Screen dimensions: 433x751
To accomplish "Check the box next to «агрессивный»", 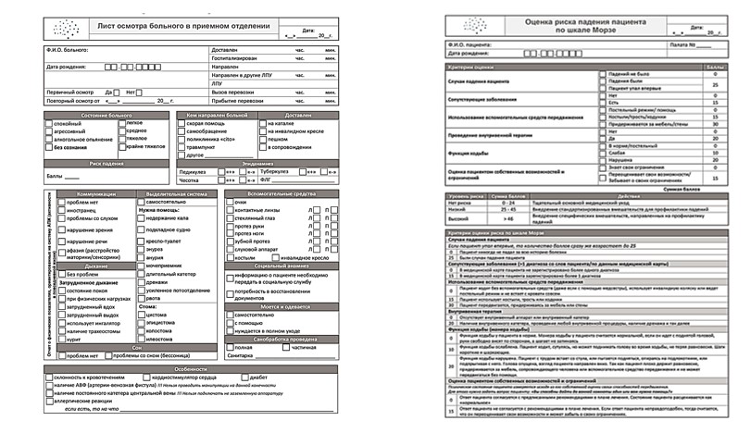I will pos(49,130).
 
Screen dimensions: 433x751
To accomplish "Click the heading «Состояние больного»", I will pos(106,115).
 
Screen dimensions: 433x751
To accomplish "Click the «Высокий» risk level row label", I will pos(457,217).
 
